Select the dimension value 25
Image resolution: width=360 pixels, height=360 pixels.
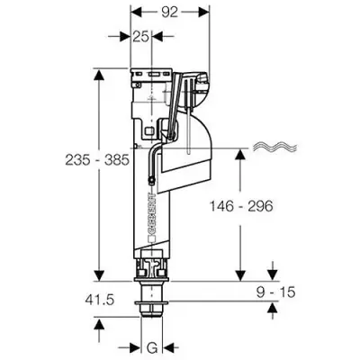click(x=140, y=37)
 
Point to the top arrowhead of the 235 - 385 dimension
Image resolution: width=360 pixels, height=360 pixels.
click(x=95, y=75)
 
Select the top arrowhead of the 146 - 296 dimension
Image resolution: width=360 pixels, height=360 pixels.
click(x=241, y=154)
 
